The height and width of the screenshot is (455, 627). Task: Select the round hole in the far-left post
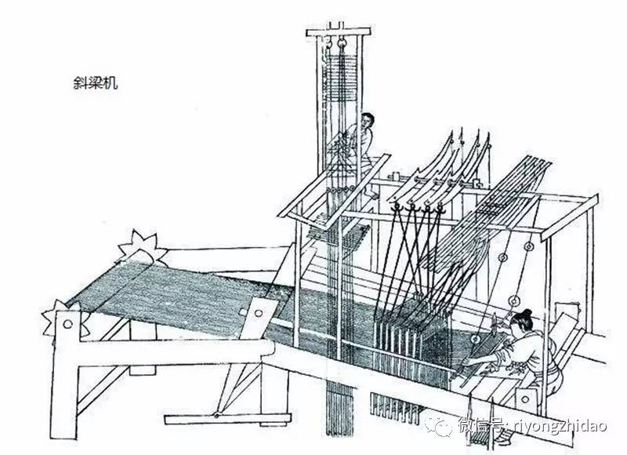pyautogui.click(x=68, y=322)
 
